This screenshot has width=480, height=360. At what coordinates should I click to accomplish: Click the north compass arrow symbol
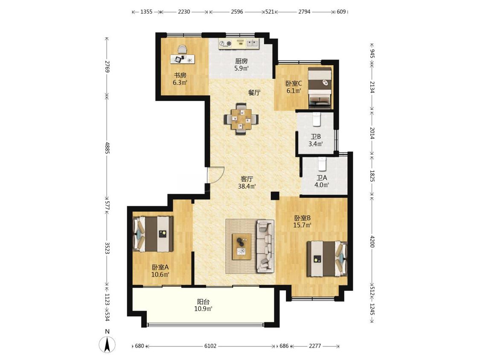107,344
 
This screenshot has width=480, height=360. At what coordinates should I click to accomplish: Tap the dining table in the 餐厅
241,119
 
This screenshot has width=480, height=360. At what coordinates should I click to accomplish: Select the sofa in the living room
265,246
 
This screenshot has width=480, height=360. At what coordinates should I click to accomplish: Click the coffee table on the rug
241,247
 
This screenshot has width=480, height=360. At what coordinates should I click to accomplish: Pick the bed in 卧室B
327,258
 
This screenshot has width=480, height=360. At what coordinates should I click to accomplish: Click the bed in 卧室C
320,87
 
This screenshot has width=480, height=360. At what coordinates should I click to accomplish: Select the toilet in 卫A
322,164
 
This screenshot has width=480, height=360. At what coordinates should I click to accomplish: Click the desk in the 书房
183,59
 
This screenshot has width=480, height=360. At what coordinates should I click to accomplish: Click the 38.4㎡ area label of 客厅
247,186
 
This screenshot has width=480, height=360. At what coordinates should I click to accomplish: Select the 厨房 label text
241,61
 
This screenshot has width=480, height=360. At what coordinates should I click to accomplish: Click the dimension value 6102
210,346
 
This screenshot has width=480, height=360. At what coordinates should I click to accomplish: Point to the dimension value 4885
107,148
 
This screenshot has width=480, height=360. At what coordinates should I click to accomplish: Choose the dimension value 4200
372,241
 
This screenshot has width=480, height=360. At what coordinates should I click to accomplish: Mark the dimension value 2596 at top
237,12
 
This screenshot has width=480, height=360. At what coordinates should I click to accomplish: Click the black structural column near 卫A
275,196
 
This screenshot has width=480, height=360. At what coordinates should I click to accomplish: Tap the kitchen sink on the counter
252,44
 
